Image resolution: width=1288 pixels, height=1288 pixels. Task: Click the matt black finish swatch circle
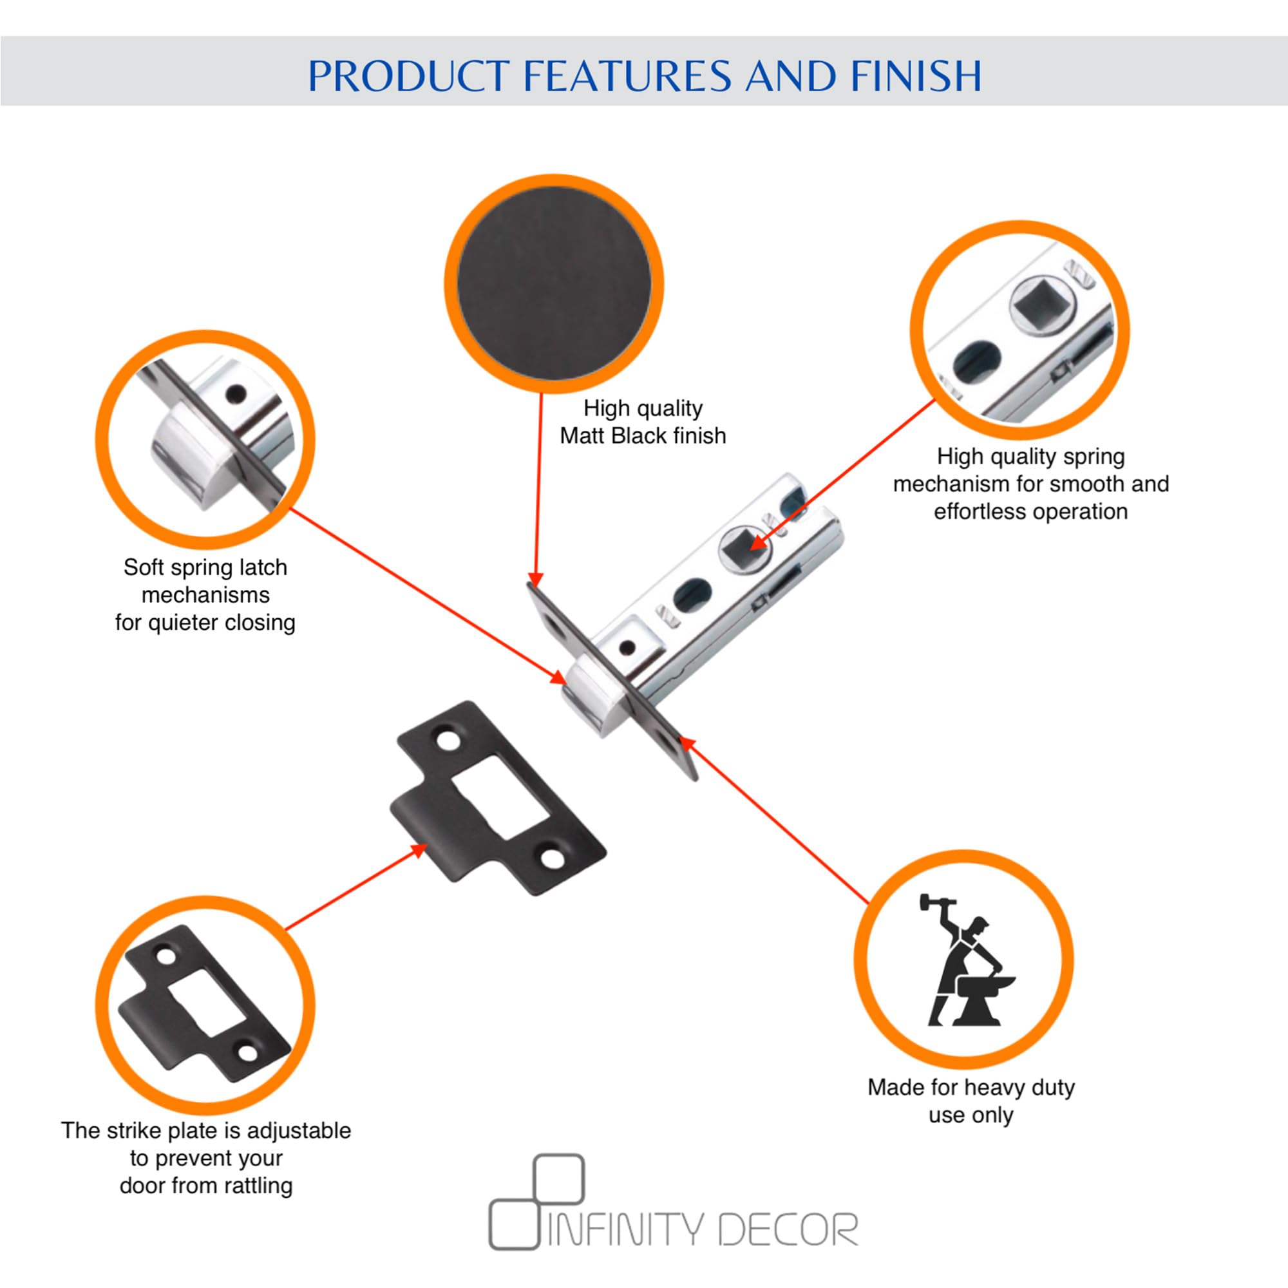553,284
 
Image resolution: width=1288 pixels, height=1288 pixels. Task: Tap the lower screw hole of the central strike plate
552,858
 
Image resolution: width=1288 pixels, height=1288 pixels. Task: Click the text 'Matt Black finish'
643,436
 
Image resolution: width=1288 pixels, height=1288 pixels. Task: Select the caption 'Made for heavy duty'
971,1087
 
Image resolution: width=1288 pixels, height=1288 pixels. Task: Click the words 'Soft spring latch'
205,567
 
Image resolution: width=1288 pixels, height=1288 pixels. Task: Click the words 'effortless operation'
1030,511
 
